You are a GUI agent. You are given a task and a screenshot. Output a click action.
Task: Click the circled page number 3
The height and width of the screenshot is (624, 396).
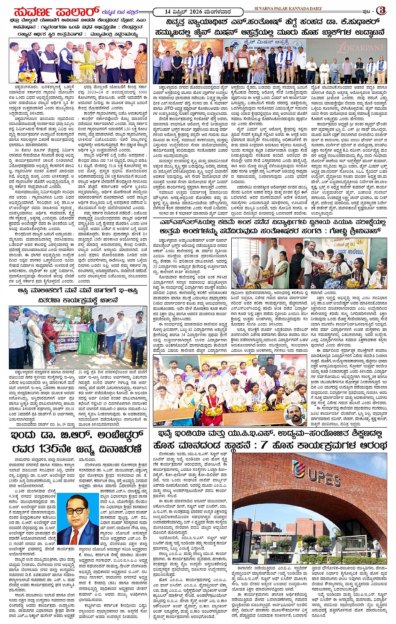382,10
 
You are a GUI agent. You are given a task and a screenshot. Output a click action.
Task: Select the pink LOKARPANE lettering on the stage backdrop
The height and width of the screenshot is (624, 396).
361,47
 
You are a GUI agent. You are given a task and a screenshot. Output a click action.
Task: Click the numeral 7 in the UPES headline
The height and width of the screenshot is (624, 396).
264,445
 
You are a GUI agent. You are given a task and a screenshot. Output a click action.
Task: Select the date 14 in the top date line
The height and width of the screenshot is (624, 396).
167,11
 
